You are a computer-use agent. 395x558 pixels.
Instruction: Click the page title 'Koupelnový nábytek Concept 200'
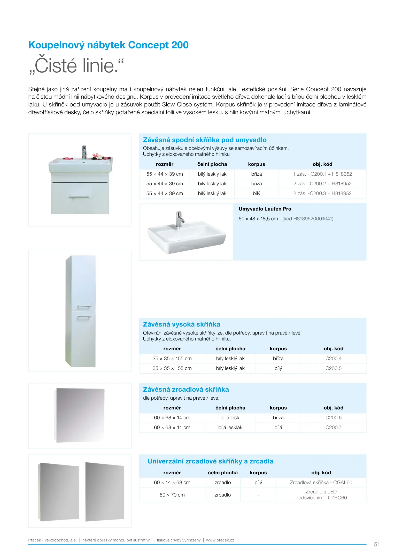[x=108, y=45]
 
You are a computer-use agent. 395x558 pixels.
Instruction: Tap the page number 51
[x=377, y=544]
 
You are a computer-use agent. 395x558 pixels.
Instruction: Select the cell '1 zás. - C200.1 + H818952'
[x=322, y=174]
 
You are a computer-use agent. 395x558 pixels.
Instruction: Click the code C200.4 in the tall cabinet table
[x=333, y=359]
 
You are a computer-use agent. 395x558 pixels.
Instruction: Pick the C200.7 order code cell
[x=333, y=428]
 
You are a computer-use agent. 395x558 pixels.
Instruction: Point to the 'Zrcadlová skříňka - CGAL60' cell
[x=321, y=483]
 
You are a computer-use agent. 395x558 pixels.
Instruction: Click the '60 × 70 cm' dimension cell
[x=172, y=495]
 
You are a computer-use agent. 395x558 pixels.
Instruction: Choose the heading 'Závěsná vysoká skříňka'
[x=181, y=324]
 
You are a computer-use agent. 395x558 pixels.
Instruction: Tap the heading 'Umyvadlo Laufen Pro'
[x=265, y=209]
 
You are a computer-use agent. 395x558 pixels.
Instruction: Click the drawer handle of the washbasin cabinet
[x=79, y=197]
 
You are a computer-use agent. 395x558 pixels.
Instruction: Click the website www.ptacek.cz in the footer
[x=220, y=540]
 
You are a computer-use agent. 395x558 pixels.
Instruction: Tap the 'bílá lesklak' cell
[x=230, y=428]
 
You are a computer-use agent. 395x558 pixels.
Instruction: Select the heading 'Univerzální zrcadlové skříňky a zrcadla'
[x=210, y=461]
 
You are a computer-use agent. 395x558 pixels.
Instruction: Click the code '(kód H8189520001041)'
[x=308, y=219]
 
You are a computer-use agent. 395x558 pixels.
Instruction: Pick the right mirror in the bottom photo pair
[x=105, y=492]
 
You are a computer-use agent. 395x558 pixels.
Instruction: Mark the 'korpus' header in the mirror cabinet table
[x=278, y=408]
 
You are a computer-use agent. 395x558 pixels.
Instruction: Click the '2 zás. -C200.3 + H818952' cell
[x=322, y=193]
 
